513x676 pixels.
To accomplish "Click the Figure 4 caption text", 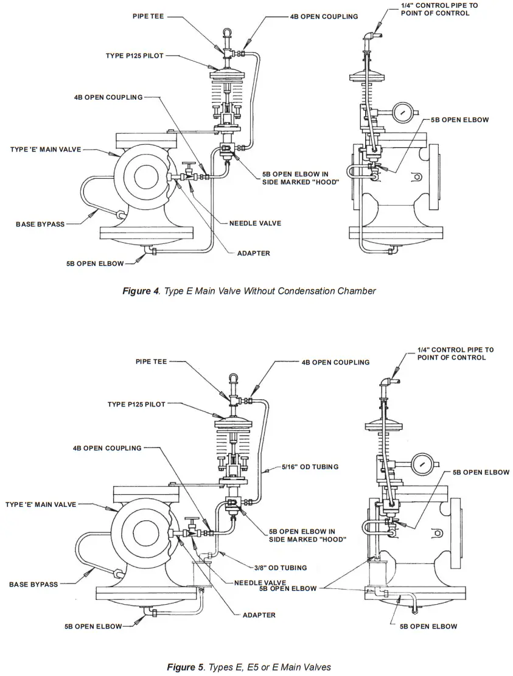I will click(x=249, y=291).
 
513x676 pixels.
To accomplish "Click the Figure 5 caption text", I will click(x=249, y=667).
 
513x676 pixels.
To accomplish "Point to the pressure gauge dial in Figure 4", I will click(x=403, y=113).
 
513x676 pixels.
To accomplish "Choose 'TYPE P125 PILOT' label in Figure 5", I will click(x=136, y=404).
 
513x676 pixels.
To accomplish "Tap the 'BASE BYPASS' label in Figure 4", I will click(x=40, y=225).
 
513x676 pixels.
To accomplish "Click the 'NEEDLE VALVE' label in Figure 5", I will click(x=260, y=583).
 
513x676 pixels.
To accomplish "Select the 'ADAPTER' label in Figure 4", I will click(x=253, y=253).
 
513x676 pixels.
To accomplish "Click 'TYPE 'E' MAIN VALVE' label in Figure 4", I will click(x=45, y=149).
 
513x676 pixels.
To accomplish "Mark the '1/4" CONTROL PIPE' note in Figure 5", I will click(x=455, y=354).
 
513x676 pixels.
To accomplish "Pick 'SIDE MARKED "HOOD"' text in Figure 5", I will click(x=307, y=539).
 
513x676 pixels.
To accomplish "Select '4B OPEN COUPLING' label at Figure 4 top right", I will click(x=324, y=16).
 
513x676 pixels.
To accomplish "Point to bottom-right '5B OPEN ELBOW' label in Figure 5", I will click(x=428, y=626).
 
